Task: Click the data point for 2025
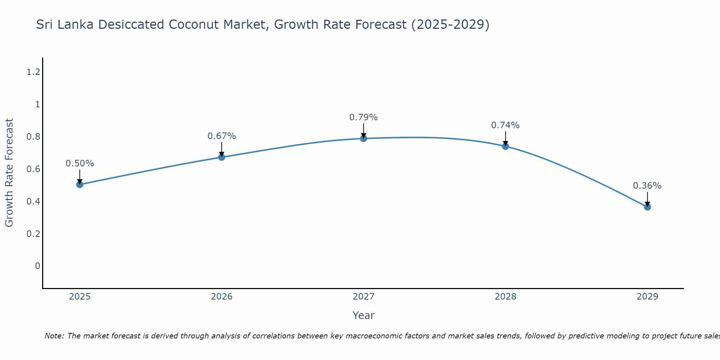pos(80,185)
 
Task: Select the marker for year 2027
pos(364,138)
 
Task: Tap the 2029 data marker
pos(647,207)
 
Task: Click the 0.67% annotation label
pos(221,136)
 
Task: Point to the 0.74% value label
pos(505,125)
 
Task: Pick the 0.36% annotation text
pos(647,186)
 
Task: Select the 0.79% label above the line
pos(363,117)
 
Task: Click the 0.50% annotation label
pos(80,163)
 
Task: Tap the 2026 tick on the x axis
pos(221,297)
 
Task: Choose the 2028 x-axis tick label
pos(505,297)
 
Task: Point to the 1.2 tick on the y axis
pos(33,72)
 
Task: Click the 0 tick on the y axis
pos(37,266)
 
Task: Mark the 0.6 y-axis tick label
pos(33,169)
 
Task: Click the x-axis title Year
pos(363,315)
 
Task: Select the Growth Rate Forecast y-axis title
pos(9,172)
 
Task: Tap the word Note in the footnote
pos(54,336)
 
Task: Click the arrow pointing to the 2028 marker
pos(505,138)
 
